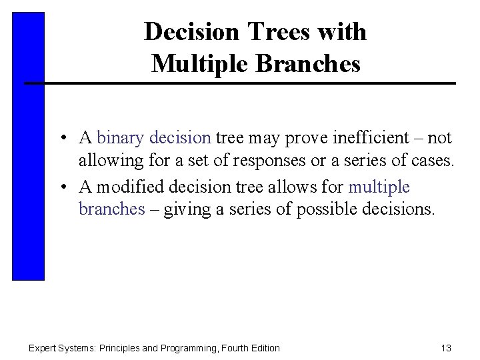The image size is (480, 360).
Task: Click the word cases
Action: click(x=433, y=161)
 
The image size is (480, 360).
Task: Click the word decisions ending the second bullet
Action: click(x=398, y=209)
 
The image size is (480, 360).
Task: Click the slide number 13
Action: click(x=446, y=348)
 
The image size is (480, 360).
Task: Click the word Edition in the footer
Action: click(x=263, y=348)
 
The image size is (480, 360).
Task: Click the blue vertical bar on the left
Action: click(x=28, y=147)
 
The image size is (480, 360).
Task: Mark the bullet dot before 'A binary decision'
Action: click(x=61, y=139)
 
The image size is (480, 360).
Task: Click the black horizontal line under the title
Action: click(x=240, y=83)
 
